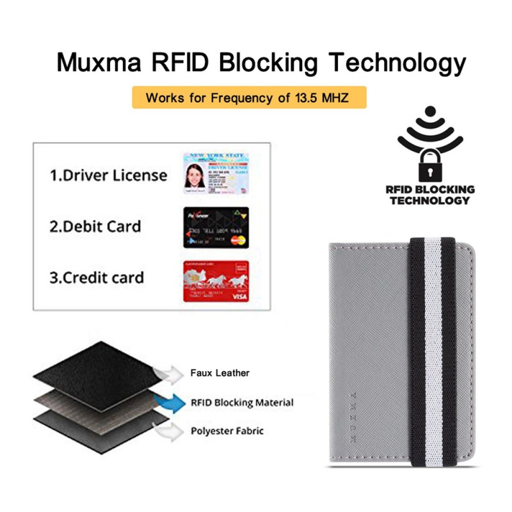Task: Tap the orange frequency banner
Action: (x=249, y=98)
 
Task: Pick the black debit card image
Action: (x=216, y=227)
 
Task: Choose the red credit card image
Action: (x=216, y=280)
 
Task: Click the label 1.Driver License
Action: (x=109, y=175)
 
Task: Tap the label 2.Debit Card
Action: (x=96, y=227)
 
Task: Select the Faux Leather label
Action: (x=220, y=372)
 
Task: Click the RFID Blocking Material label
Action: (x=242, y=403)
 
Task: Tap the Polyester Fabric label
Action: (x=227, y=431)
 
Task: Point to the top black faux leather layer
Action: (x=96, y=365)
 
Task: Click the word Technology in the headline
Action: (x=397, y=63)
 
